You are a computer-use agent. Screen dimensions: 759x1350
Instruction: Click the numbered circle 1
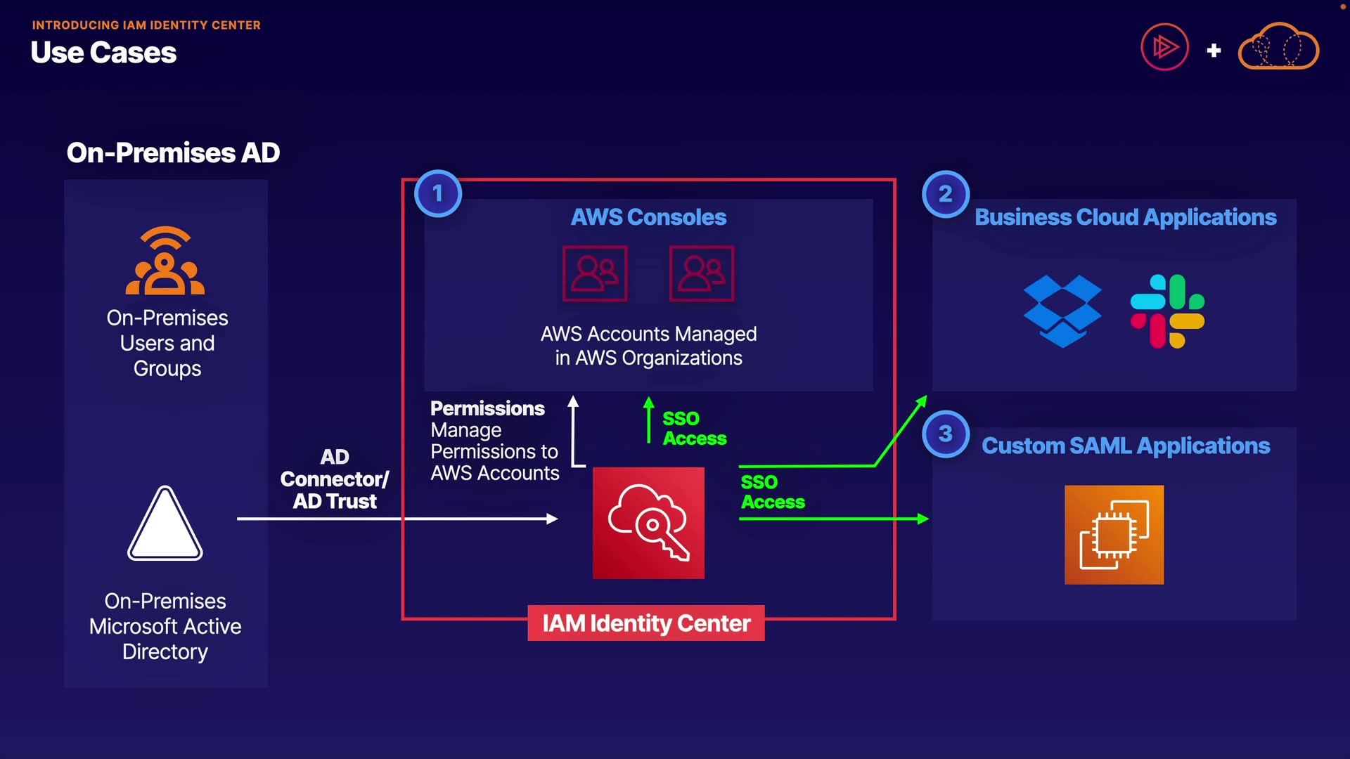[x=437, y=193]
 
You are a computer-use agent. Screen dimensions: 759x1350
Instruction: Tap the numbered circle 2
[x=945, y=193]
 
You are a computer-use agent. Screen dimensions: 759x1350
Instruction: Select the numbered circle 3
[x=945, y=434]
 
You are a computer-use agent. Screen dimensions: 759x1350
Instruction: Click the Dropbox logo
[x=1062, y=311]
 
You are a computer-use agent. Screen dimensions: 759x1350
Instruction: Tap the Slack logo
[x=1167, y=311]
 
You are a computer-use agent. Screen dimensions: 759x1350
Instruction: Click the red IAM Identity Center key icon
[x=648, y=523]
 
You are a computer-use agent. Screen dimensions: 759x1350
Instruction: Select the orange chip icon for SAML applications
[x=1114, y=535]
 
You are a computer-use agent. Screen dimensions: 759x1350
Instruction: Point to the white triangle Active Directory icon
[x=165, y=524]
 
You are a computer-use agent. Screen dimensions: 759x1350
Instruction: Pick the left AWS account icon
[x=595, y=273]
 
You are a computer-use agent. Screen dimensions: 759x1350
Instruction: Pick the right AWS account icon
[x=702, y=273]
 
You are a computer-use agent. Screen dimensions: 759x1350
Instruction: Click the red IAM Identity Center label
[x=646, y=623]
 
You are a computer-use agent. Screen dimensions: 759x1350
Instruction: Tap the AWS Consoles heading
[x=648, y=217]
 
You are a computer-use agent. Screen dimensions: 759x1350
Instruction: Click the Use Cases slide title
[x=103, y=53]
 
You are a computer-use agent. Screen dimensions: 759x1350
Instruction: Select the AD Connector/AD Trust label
[x=335, y=479]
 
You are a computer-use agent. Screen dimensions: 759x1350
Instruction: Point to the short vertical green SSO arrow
[x=648, y=420]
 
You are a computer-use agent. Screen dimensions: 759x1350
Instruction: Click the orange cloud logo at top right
[x=1278, y=47]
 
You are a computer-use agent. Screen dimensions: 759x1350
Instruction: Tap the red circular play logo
[x=1164, y=47]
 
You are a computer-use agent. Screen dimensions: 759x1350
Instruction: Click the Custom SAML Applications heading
[x=1126, y=446]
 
